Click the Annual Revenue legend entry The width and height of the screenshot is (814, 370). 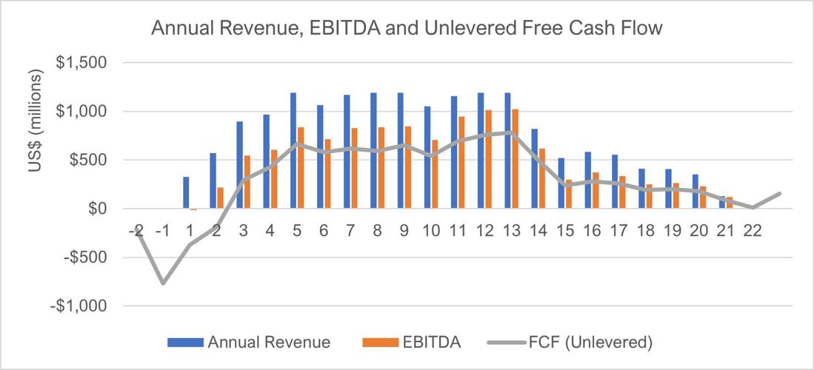(x=248, y=342)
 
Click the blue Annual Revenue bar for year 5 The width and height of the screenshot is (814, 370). (x=293, y=151)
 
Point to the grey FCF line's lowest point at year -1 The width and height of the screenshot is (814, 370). (x=163, y=283)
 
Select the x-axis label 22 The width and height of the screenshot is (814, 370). (x=752, y=230)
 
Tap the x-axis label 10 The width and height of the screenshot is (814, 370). (x=431, y=230)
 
